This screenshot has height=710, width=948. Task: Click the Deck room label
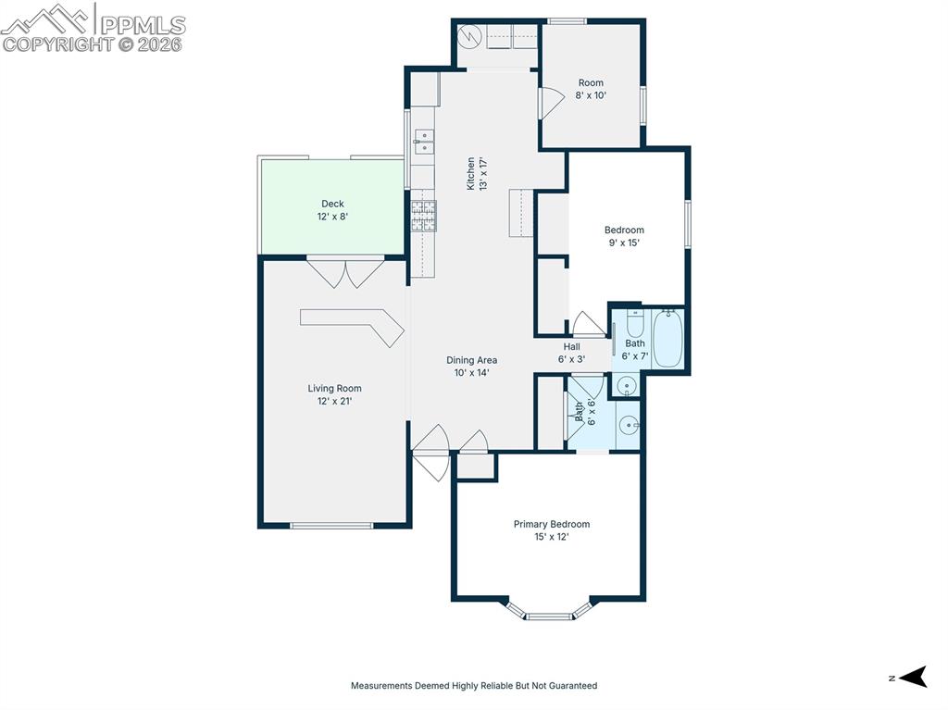[332, 204]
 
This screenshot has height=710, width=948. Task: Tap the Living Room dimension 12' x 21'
[334, 401]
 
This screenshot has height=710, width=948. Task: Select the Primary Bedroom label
[552, 524]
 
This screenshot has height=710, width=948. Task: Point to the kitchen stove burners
[424, 216]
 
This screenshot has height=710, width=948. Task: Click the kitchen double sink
[424, 141]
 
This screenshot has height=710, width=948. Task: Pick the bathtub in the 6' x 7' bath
[668, 339]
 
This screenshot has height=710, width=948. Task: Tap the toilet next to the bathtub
[634, 323]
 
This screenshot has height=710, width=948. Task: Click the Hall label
[571, 346]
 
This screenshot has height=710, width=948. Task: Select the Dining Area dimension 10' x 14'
[471, 372]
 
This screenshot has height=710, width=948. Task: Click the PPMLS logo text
[143, 25]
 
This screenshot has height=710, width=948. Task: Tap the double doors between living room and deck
[345, 273]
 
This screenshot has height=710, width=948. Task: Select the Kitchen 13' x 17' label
[477, 174]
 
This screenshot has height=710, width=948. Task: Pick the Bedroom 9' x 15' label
[624, 236]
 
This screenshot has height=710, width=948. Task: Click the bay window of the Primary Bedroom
[548, 610]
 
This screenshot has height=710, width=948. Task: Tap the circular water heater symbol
[469, 36]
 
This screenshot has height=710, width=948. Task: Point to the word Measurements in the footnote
[381, 685]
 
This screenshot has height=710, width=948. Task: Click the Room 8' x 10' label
[591, 88]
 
